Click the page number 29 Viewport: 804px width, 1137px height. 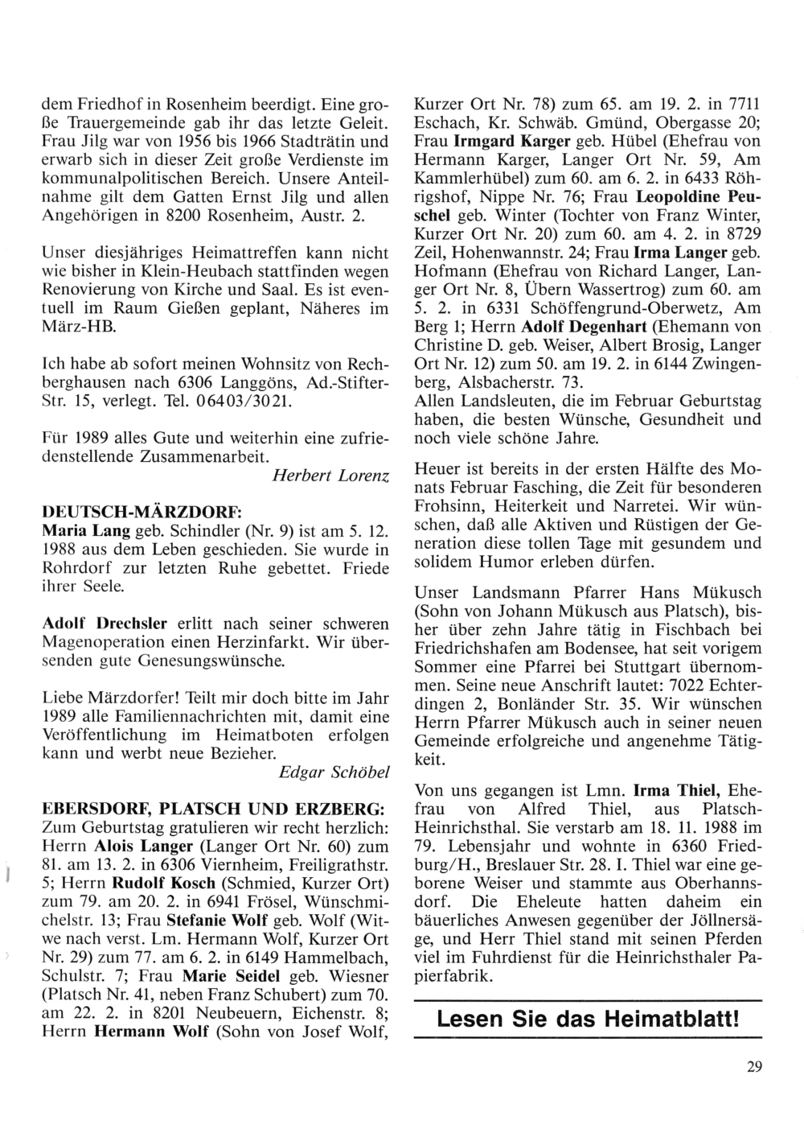click(753, 1068)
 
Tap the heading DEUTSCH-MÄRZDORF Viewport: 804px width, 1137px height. click(141, 512)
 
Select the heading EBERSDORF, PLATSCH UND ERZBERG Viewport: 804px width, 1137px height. click(213, 806)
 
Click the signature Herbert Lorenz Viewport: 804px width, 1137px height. click(332, 476)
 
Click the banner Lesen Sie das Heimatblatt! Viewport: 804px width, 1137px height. click(587, 1021)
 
